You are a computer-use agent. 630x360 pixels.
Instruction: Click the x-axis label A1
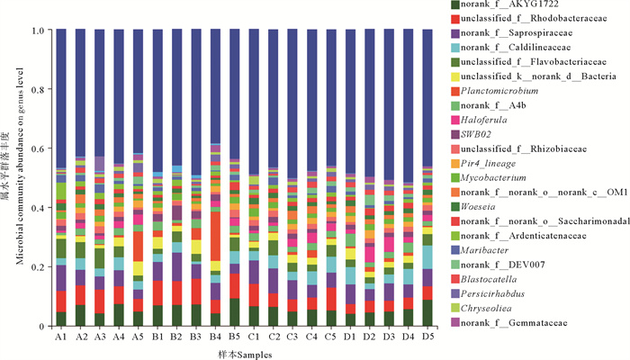(x=61, y=336)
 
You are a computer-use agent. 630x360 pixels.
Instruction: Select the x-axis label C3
(x=292, y=336)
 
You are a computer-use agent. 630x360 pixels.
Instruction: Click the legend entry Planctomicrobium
(x=500, y=92)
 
